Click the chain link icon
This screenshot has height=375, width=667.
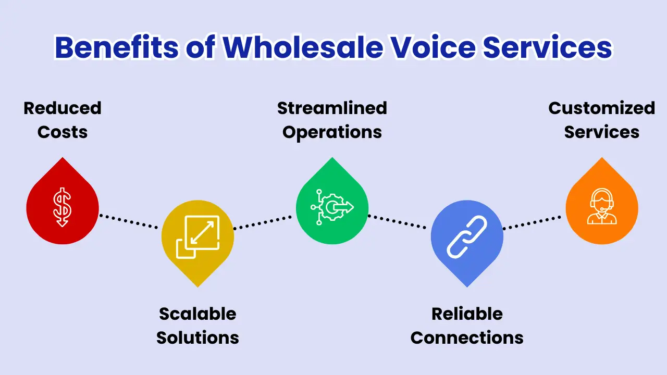coord(467,237)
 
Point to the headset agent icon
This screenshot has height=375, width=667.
coord(601,207)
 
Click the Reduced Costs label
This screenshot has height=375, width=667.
coord(63,120)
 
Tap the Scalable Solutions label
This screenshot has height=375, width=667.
coord(197,326)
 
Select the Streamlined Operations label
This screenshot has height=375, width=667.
coord(332,120)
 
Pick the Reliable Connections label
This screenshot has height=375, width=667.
coord(467,326)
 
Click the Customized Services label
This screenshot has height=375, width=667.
coord(601,120)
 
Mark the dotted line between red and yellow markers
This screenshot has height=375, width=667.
coord(129,221)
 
